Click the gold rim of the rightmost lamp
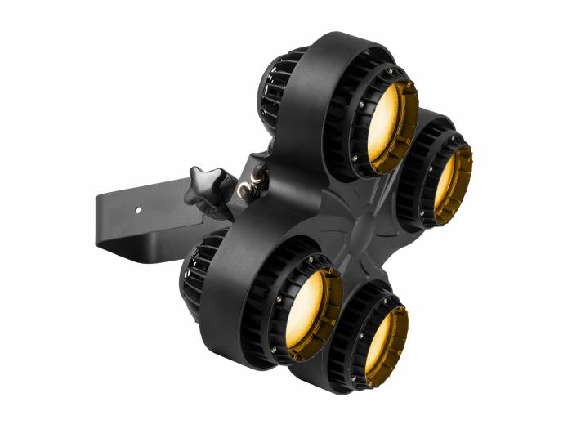coord(465,188)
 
